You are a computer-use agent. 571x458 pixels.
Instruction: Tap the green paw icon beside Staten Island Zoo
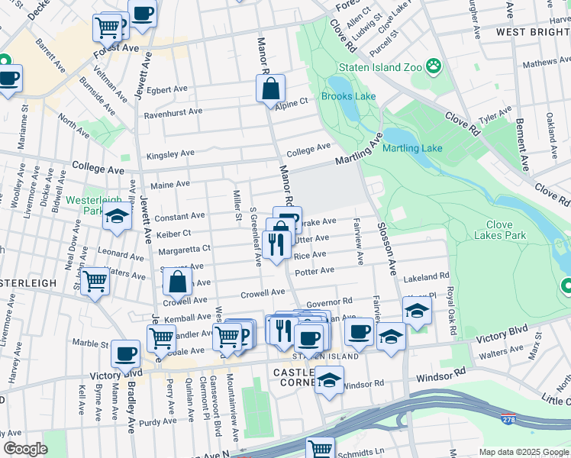(x=434, y=66)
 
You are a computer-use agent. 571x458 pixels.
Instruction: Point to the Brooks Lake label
(x=348, y=96)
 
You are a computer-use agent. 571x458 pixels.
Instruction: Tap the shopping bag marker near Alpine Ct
(x=271, y=89)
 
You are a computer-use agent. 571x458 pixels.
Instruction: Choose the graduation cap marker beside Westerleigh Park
(x=117, y=218)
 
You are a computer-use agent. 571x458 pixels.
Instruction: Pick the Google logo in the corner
(x=25, y=448)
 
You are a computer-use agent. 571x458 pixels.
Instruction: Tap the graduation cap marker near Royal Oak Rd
(x=417, y=311)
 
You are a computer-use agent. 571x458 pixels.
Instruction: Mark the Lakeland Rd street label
(x=427, y=277)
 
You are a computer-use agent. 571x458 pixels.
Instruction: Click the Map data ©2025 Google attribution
(x=522, y=452)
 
